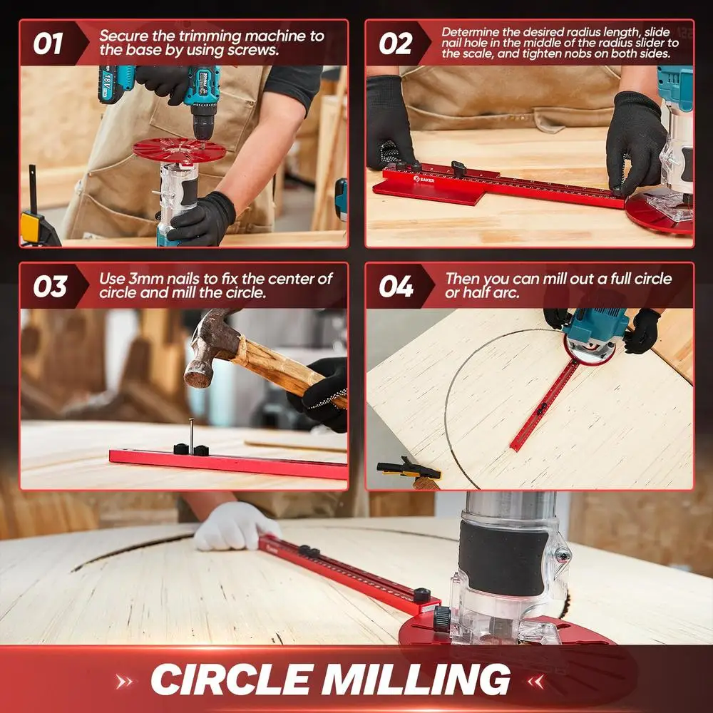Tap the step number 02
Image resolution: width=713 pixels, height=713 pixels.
pyautogui.click(x=395, y=43)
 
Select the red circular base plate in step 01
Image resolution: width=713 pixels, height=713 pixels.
pyautogui.click(x=178, y=150)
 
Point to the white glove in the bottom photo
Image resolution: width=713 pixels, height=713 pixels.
pyautogui.click(x=227, y=526)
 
